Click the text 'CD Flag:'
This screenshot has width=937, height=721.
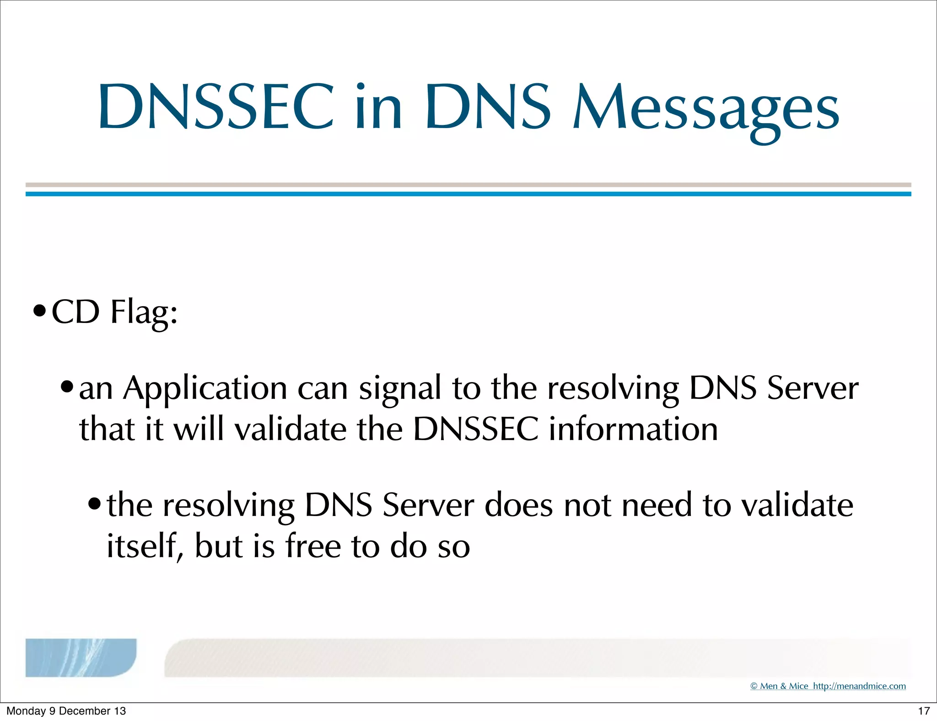point(114,312)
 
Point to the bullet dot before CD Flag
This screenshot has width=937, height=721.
point(40,312)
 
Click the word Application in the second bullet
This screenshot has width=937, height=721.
point(205,388)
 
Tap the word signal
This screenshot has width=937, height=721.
point(400,388)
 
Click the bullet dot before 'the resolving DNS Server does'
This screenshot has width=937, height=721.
point(95,505)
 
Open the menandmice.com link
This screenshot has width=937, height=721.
point(859,686)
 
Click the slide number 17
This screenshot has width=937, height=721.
point(924,711)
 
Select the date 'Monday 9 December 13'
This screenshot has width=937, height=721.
point(66,711)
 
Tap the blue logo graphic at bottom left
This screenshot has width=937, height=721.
point(81,657)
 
